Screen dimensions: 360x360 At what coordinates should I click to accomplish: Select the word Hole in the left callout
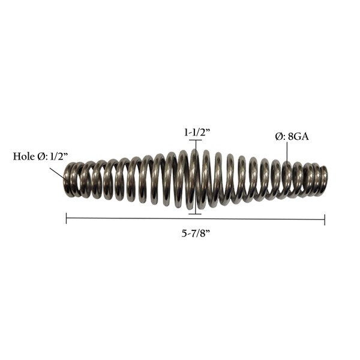23,157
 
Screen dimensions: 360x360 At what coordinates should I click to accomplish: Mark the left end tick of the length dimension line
66,220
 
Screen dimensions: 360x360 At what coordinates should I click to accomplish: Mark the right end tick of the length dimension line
325,220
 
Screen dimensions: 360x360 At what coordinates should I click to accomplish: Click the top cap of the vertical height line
195,141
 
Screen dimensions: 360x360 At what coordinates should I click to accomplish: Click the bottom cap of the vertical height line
195,212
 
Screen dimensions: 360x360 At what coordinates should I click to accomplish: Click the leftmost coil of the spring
68,179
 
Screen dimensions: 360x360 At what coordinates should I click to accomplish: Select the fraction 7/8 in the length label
201,234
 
